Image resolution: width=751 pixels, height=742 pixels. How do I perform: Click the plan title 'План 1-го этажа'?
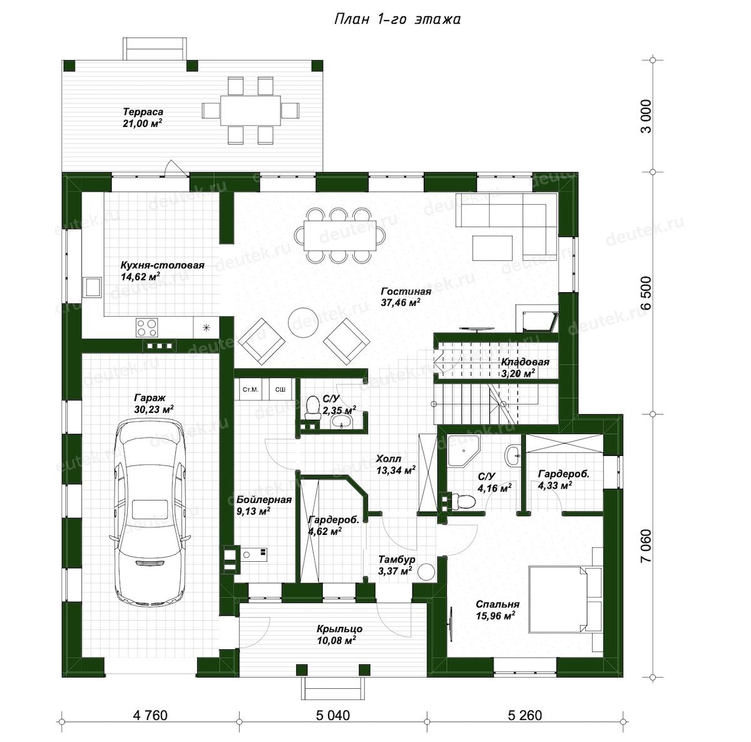[397, 19]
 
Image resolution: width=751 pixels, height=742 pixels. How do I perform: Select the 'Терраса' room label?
[143, 112]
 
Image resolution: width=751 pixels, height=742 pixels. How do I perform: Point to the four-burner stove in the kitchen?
[147, 327]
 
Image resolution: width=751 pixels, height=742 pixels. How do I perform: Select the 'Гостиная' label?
[406, 292]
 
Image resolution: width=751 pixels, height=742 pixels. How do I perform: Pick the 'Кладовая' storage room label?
[525, 362]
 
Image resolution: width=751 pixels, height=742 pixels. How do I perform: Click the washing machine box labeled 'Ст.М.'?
[250, 389]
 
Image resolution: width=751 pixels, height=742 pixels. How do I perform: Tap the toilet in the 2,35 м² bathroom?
[312, 408]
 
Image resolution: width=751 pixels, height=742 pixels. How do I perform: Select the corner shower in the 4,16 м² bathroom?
[463, 450]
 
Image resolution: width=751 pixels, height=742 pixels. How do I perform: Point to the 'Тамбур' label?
[397, 559]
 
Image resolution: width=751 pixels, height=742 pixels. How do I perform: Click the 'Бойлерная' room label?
[264, 500]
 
